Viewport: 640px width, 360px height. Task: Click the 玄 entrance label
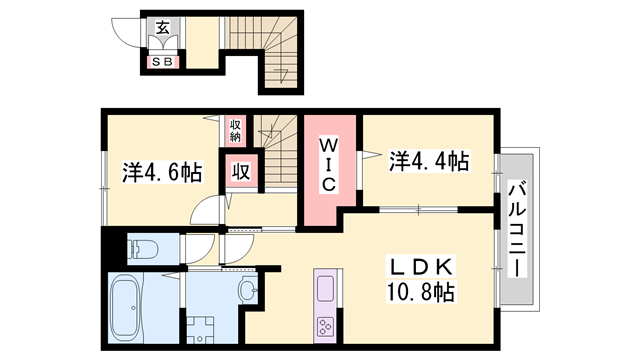tap(161, 28)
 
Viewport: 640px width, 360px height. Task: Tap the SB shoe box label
tap(161, 62)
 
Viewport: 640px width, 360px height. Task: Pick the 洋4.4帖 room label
tap(429, 160)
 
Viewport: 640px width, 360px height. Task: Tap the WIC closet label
tap(331, 165)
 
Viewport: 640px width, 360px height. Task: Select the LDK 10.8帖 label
tap(420, 281)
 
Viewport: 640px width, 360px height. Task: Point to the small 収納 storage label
tap(236, 129)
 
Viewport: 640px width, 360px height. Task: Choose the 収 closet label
tap(241, 171)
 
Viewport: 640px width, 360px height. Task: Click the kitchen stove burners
tap(327, 324)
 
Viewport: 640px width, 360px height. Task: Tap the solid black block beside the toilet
tap(111, 246)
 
